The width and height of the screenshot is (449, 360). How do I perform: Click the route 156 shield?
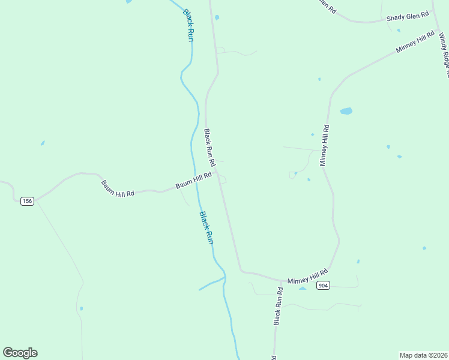26,201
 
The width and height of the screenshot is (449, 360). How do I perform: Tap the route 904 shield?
324,286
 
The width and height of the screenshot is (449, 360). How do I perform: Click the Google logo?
20,353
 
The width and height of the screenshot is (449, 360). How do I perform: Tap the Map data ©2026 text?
423,355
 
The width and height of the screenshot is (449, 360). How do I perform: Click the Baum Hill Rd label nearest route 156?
118,188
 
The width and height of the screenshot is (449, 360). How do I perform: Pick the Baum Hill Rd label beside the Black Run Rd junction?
193,181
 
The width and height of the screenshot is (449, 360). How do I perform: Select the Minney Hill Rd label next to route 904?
307,276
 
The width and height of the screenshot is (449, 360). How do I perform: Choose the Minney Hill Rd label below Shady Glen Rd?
415,43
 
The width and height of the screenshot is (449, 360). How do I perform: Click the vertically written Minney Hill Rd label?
324,145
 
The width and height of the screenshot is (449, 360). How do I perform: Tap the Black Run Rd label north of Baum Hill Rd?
209,147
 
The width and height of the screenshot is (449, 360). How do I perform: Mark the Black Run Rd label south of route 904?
278,306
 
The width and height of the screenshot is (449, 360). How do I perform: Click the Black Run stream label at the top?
188,25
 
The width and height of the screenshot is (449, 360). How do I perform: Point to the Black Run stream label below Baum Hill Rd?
206,227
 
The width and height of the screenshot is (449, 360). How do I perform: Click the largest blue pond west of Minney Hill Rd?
346,111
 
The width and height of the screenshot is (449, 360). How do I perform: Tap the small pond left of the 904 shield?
303,288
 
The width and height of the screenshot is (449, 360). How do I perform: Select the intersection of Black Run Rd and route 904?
282,281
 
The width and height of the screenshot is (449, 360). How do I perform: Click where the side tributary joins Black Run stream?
225,277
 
